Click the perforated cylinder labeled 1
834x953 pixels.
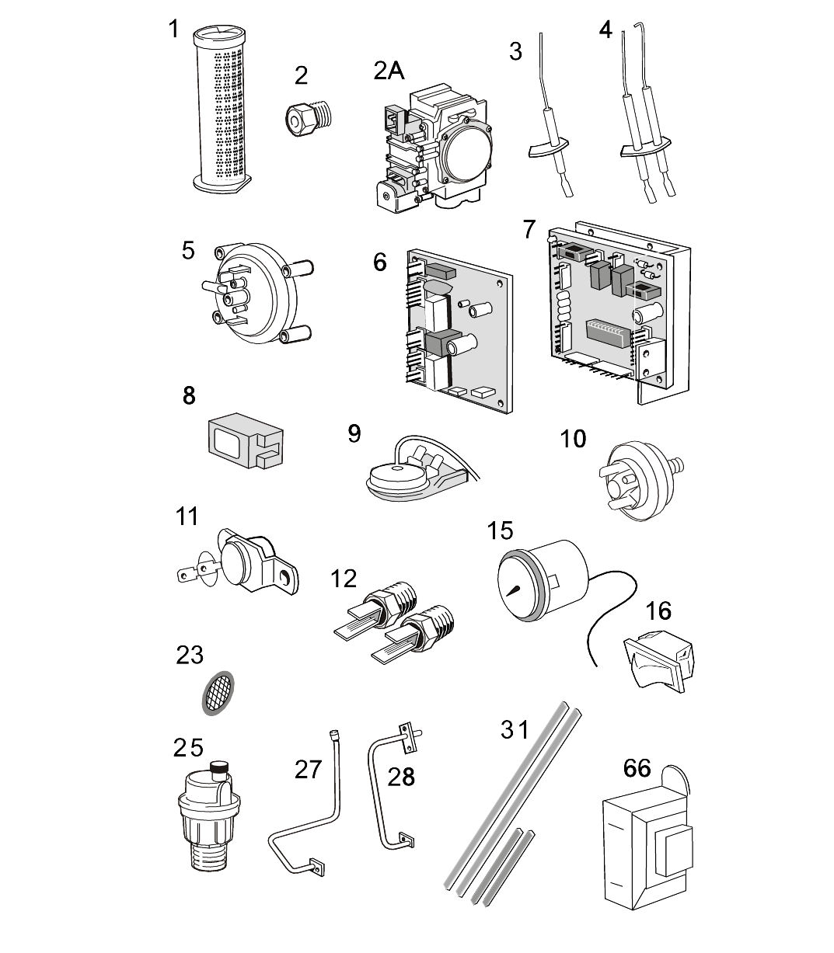point(224,109)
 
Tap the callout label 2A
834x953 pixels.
point(389,71)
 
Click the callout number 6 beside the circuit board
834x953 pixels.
point(379,262)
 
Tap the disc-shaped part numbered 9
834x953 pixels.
point(396,474)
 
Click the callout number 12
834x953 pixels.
point(343,579)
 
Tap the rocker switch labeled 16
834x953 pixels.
point(659,656)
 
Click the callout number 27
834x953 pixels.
point(308,769)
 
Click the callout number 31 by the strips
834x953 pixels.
point(515,730)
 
